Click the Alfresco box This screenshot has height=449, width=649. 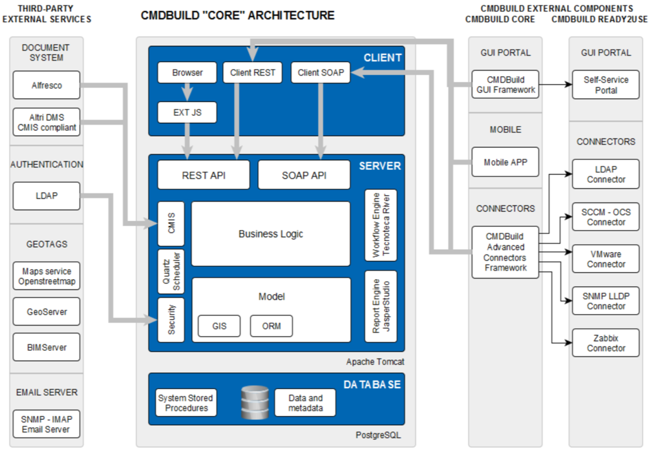(47, 85)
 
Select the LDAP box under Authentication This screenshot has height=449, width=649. (47, 196)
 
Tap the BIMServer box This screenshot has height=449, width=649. (47, 348)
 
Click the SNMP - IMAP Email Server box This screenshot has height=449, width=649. (47, 424)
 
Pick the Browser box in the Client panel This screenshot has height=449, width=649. (187, 73)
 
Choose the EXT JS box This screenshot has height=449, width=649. (187, 112)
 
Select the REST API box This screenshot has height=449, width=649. (204, 175)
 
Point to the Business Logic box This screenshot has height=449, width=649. (271, 234)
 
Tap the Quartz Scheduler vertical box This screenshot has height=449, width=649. (171, 272)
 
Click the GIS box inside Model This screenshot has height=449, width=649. (219, 326)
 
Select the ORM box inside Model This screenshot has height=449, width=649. (271, 326)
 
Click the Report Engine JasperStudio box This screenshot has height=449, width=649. (381, 306)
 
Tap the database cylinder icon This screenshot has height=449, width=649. (253, 402)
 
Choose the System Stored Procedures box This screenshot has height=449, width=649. (186, 402)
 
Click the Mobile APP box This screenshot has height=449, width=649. (505, 162)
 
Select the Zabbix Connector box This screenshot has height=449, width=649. (606, 343)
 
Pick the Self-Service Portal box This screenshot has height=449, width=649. (606, 85)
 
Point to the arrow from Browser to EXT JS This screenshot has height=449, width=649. (187, 92)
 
